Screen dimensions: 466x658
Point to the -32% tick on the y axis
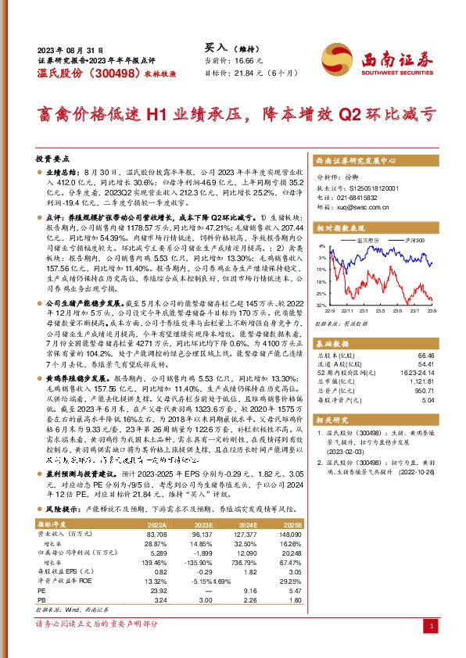(321, 305)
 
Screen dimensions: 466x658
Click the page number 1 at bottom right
(431, 627)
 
